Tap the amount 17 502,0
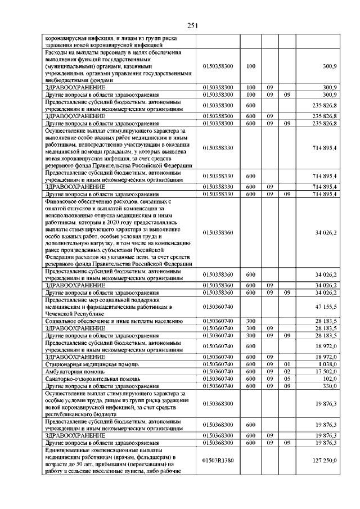(325, 371)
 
